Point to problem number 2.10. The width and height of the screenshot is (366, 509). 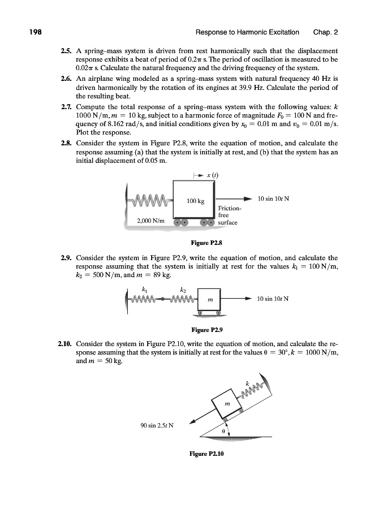point(64,343)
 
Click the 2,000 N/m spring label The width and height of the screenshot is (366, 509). point(150,221)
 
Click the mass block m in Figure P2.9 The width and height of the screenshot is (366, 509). point(210,300)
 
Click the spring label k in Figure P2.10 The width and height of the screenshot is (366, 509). point(247,385)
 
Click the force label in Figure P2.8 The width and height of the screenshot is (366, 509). point(274,199)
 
